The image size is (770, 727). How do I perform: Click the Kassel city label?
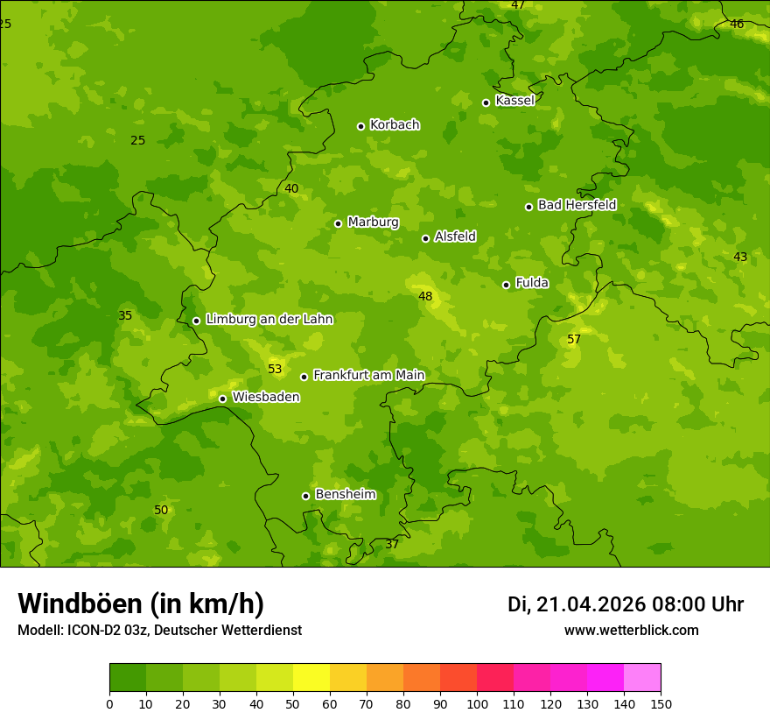coord(514,101)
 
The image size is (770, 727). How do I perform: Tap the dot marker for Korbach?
coord(360,126)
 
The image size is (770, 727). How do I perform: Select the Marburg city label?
coord(373,222)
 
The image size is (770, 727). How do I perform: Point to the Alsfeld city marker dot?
coord(425,238)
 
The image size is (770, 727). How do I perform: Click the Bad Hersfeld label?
coord(577,205)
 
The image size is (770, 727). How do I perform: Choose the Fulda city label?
coord(532,283)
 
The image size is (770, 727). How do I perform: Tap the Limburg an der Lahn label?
coord(269,320)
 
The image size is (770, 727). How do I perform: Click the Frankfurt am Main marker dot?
coord(304,377)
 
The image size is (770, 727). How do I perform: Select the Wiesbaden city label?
coord(266,397)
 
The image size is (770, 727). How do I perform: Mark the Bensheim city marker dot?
coord(305,496)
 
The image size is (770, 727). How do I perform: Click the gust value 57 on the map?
coord(574,339)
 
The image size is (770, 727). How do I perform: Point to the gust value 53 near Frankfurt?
coord(275,369)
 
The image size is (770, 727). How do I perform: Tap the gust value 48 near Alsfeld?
coord(425,296)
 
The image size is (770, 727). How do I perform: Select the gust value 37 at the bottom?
coord(392,544)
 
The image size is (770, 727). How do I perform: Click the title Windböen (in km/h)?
coord(141,603)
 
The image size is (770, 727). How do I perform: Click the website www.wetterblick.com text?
coord(631,630)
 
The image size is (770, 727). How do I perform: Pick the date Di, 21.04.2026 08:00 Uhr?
coord(626,604)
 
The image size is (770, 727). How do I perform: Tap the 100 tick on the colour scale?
coord(477,703)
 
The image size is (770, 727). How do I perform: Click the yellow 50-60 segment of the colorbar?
coord(311,678)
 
